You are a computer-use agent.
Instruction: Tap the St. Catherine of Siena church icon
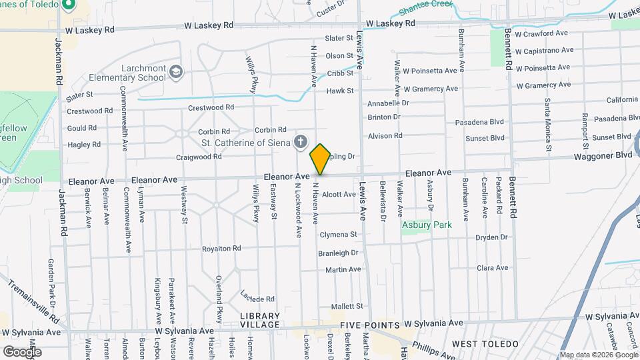[x=301, y=141]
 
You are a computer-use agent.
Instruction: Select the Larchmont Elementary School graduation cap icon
[x=175, y=71]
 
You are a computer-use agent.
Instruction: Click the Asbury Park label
[x=427, y=225]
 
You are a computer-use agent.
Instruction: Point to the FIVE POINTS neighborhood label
[x=369, y=325]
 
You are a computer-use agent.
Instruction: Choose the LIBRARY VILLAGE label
[x=260, y=319]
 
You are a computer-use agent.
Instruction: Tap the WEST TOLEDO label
[x=485, y=343]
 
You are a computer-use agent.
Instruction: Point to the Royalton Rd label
[x=222, y=249]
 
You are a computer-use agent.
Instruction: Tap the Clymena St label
[x=339, y=235]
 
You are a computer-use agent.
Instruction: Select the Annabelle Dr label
[x=388, y=103]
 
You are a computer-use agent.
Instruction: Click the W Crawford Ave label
[x=541, y=33]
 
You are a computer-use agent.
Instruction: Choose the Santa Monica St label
[x=548, y=125]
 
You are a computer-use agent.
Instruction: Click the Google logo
[x=22, y=351]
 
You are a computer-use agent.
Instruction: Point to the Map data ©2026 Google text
[x=598, y=355]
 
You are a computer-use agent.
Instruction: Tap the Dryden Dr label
[x=491, y=237]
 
